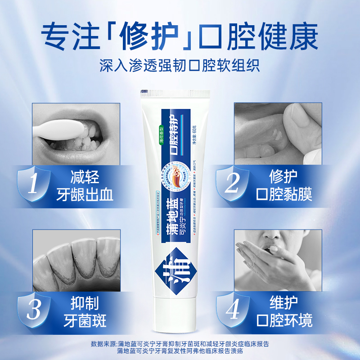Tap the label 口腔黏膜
(284, 194)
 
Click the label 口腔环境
(284, 321)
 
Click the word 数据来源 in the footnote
(105, 344)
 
